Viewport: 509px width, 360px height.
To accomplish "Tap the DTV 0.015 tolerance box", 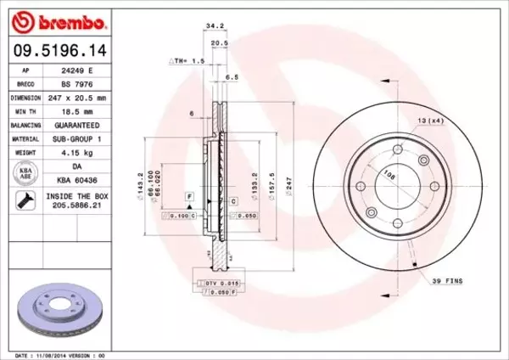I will [x=219, y=282].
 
